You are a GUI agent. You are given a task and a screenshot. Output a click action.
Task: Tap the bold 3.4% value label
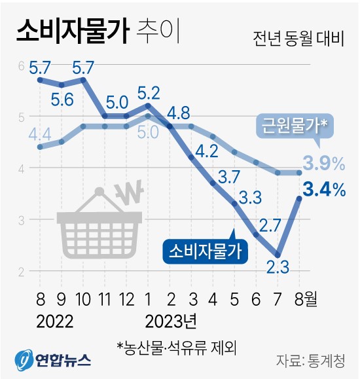pyautogui.click(x=323, y=190)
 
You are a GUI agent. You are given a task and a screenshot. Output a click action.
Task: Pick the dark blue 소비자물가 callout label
pyautogui.click(x=205, y=250)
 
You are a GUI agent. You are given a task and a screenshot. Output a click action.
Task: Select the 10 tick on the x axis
pyautogui.click(x=83, y=300)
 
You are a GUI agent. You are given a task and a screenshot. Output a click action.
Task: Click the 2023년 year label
pyautogui.click(x=168, y=322)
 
